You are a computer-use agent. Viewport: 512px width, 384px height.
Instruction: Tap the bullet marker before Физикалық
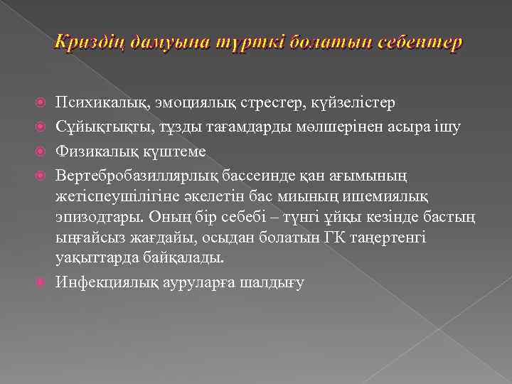(40, 150)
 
